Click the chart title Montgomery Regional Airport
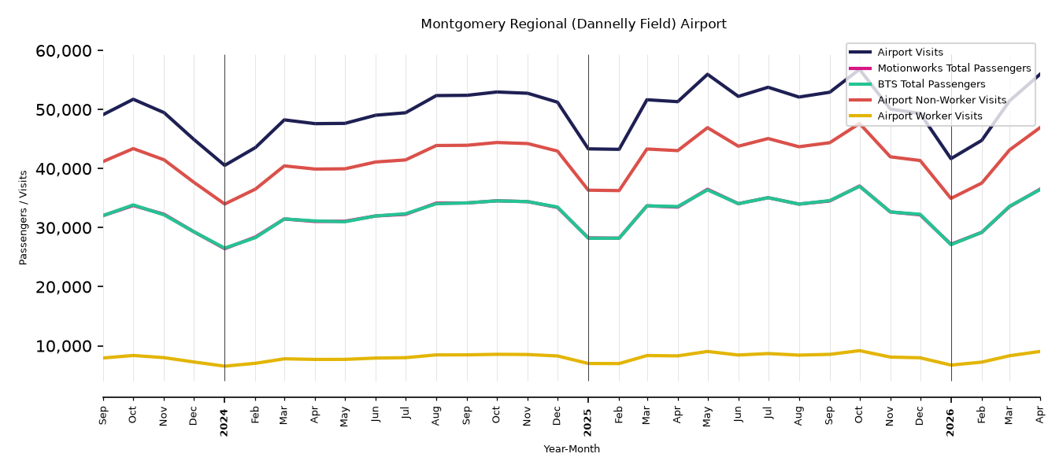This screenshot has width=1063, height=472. pyautogui.click(x=573, y=24)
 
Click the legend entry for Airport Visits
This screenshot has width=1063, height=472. pyautogui.click(x=909, y=52)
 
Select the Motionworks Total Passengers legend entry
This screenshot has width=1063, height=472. pyautogui.click(x=954, y=68)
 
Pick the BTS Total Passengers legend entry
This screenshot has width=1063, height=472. pyautogui.click(x=931, y=84)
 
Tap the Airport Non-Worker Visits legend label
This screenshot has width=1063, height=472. pyautogui.click(x=942, y=100)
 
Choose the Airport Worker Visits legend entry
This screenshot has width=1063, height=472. pyautogui.click(x=930, y=116)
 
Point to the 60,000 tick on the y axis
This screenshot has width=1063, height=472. pyautogui.click(x=64, y=50)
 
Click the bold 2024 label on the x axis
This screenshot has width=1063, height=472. pyautogui.click(x=224, y=422)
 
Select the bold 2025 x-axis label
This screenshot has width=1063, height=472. pyautogui.click(x=588, y=422)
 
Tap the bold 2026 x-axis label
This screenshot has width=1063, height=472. pyautogui.click(x=950, y=422)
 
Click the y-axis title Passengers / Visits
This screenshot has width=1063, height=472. pyautogui.click(x=24, y=218)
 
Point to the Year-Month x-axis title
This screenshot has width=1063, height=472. pyautogui.click(x=572, y=448)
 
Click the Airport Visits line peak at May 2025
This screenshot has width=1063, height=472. pyautogui.click(x=708, y=75)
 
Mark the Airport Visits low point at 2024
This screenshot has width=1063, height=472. pyautogui.click(x=224, y=165)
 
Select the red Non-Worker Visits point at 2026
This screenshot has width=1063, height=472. pyautogui.click(x=951, y=198)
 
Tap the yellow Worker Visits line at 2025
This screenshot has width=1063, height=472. pyautogui.click(x=588, y=363)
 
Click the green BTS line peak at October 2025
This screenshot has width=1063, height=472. pyautogui.click(x=859, y=186)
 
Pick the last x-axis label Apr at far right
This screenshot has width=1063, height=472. pyautogui.click(x=1040, y=415)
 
